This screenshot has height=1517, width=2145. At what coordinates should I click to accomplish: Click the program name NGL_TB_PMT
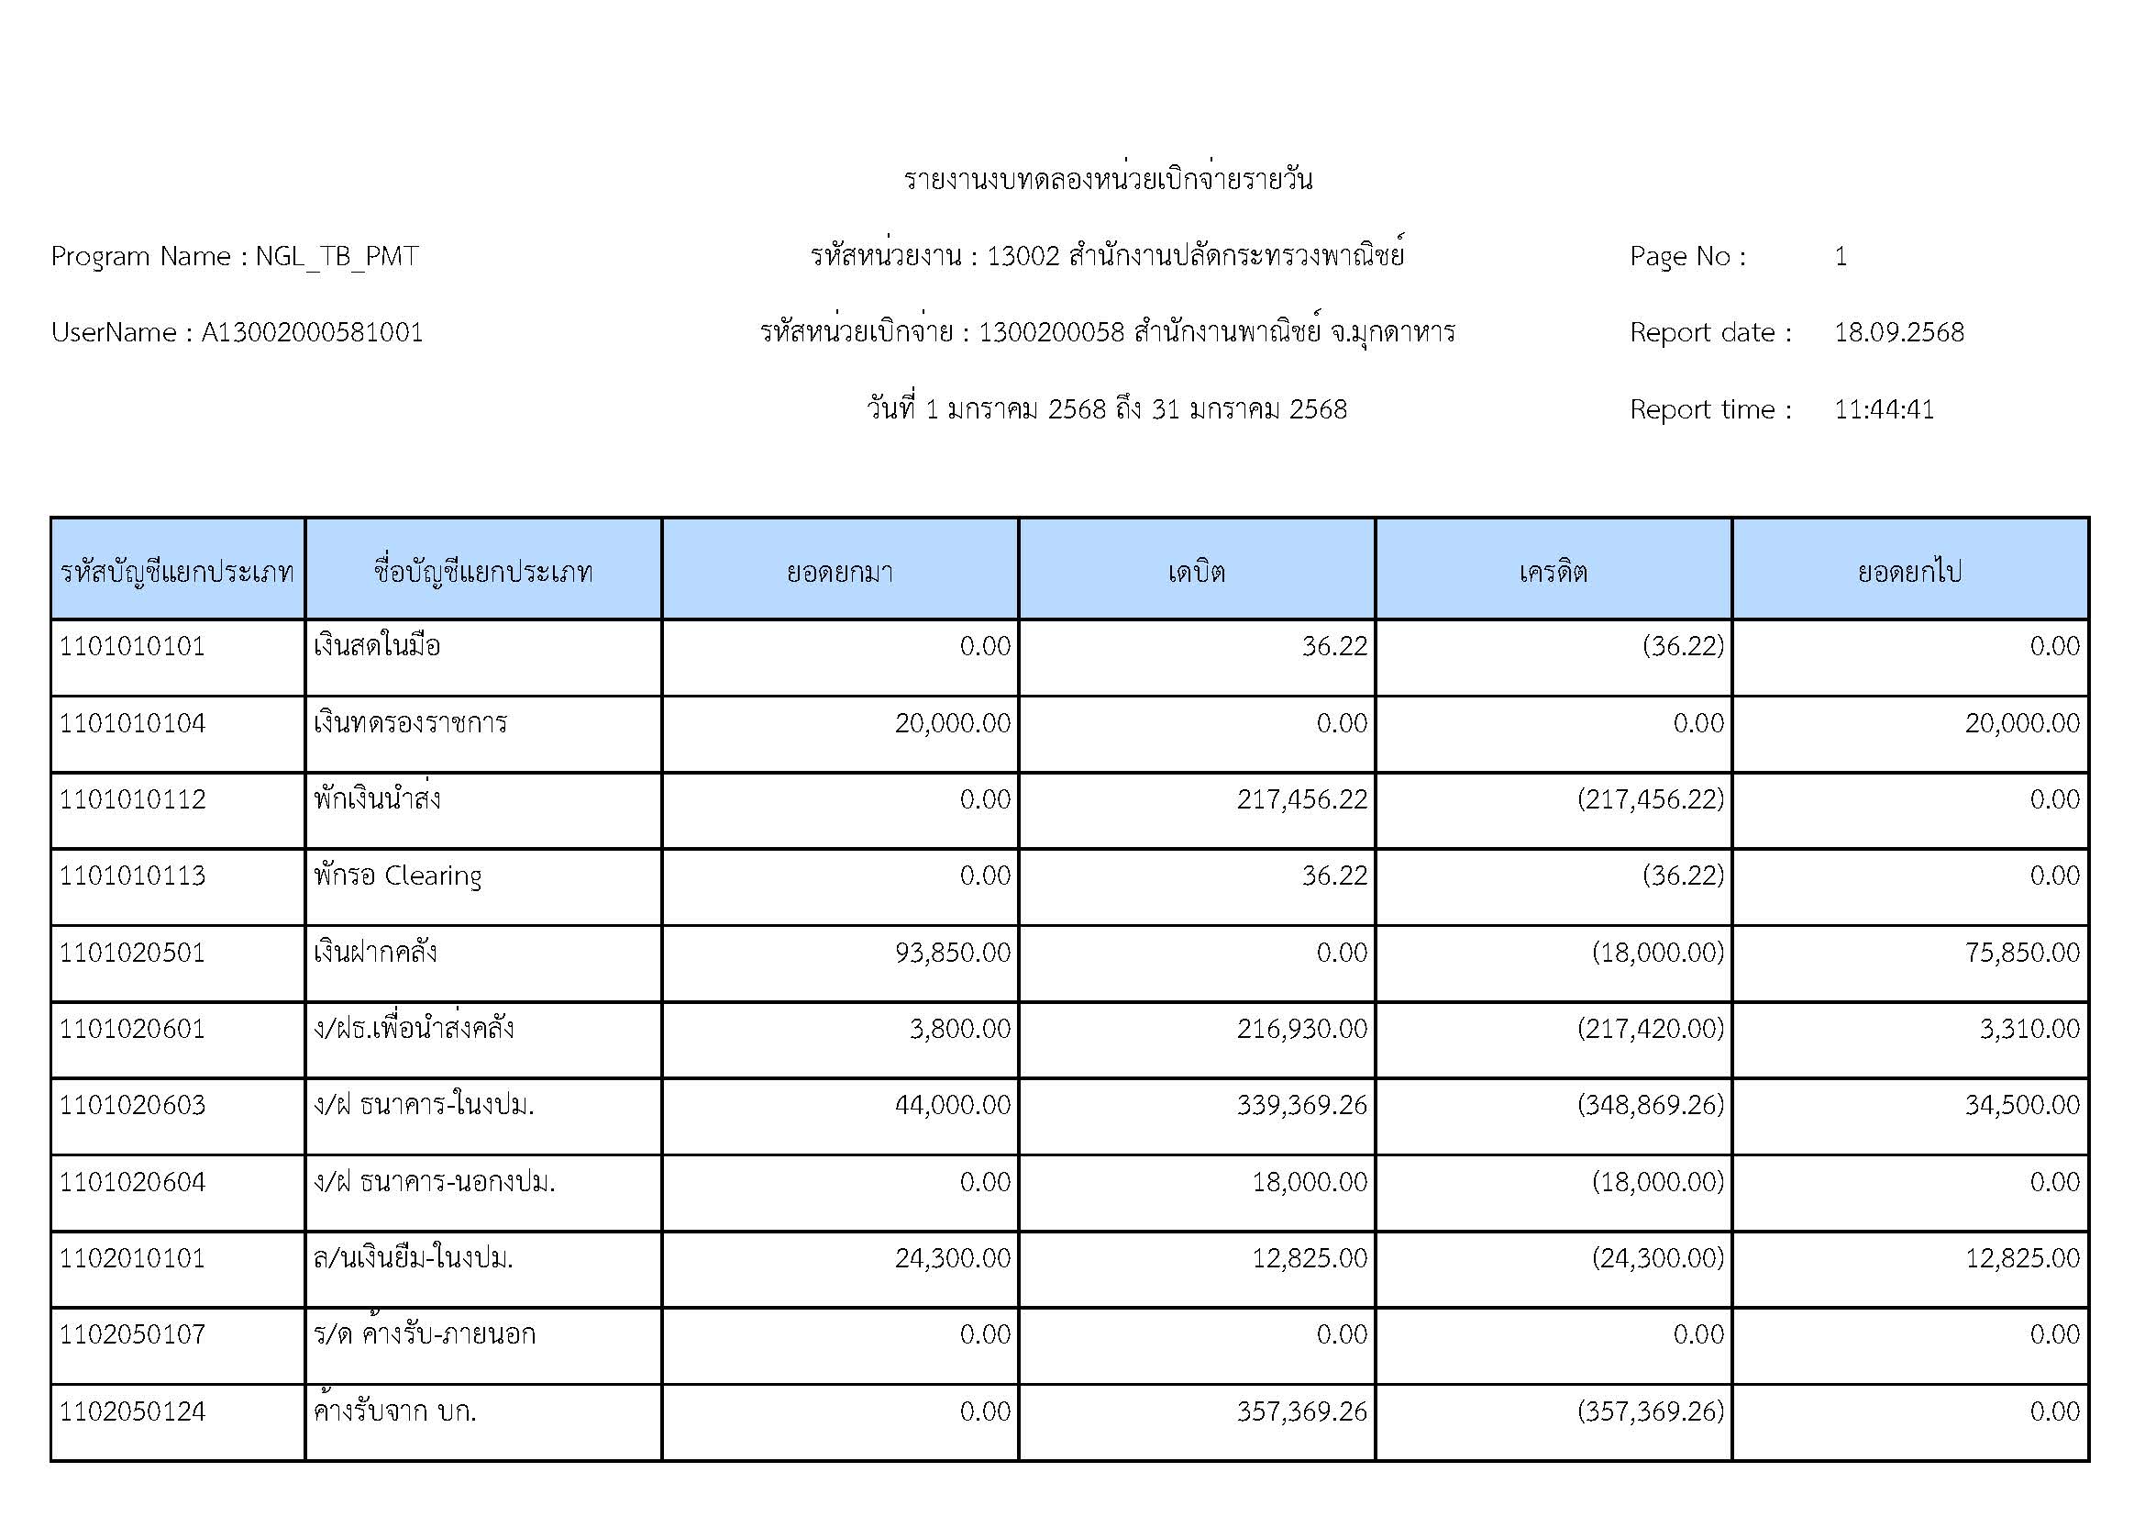point(337,256)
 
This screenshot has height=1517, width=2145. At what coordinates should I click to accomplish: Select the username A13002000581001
point(312,333)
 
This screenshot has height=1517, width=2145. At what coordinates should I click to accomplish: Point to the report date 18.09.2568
point(1898,333)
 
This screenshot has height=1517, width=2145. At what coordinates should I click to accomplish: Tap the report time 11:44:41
point(1884,409)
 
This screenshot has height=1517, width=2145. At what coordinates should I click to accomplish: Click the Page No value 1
point(1840,256)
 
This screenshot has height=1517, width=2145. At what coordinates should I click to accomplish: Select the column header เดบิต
point(1196,571)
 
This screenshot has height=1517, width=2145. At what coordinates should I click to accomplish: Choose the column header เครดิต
point(1553,571)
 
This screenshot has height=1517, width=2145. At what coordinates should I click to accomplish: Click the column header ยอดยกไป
point(1909,571)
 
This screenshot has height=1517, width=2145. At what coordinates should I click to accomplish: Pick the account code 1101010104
point(133,722)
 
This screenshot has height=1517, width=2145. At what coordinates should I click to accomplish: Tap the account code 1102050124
point(133,1411)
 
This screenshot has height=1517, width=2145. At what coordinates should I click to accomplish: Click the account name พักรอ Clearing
point(398,876)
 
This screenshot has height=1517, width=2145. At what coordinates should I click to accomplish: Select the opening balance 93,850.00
point(952,953)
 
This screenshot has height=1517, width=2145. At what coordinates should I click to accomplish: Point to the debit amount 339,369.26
point(1301,1105)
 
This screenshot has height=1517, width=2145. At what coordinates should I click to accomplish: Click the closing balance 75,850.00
point(2022,953)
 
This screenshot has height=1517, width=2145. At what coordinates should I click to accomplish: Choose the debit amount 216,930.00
point(1301,1029)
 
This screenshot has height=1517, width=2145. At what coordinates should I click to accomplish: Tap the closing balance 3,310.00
point(2029,1029)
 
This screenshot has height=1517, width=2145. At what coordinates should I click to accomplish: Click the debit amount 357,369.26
point(1301,1411)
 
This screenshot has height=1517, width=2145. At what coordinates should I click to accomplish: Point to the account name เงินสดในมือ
point(378,646)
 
